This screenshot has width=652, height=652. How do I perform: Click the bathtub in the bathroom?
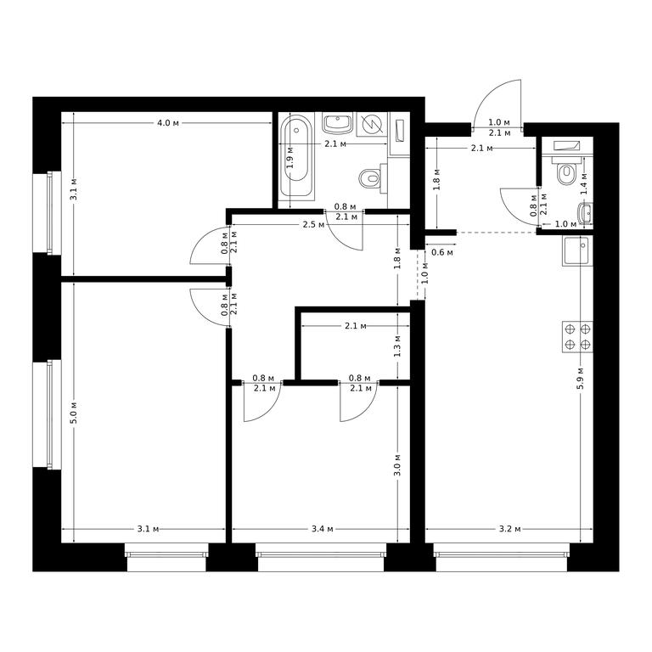tap(296, 156)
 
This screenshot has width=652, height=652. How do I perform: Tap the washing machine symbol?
tap(372, 123)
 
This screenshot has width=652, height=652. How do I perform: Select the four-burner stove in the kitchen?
tap(577, 337)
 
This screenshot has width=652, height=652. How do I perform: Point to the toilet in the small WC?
tap(565, 171)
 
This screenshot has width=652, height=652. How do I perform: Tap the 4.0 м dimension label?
tap(168, 123)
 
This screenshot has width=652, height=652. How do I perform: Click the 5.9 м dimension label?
tap(581, 378)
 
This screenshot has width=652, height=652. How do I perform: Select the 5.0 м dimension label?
tap(74, 413)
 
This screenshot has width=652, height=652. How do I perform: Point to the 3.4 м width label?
tap(323, 529)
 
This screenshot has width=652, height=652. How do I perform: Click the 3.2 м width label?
tap(509, 529)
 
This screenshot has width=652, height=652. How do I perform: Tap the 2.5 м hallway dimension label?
tap(313, 224)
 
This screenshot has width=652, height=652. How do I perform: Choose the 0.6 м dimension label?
tap(442, 252)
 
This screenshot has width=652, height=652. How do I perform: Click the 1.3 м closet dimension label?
tap(397, 346)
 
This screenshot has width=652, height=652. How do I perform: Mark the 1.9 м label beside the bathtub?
tap(290, 157)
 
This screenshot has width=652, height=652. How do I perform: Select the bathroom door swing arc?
tap(346, 240)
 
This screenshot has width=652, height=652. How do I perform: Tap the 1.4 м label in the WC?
tap(584, 183)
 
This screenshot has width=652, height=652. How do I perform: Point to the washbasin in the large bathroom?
tap(338, 123)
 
